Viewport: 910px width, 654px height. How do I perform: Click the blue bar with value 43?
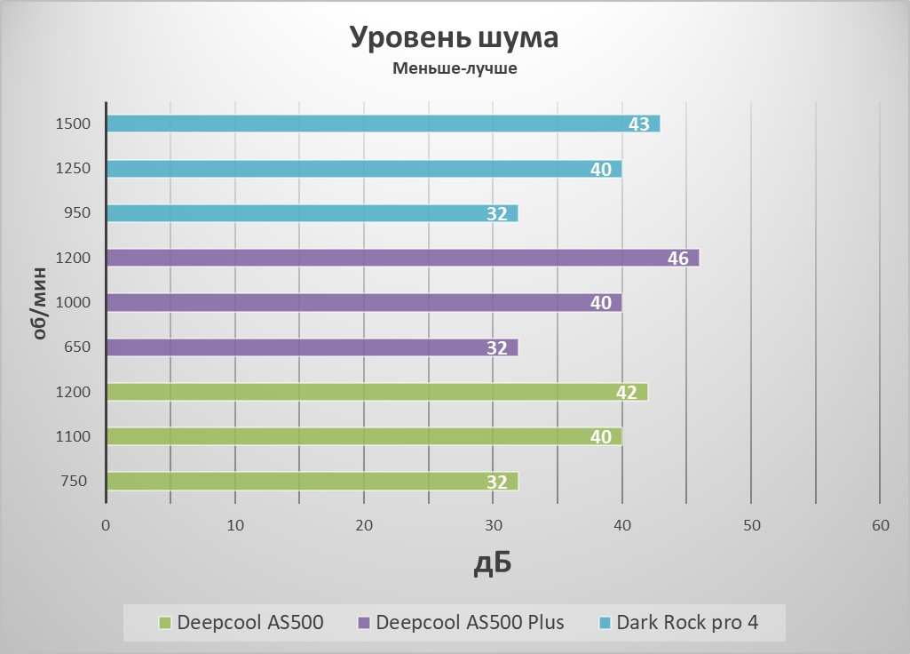382,124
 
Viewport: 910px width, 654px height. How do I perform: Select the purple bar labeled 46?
401,258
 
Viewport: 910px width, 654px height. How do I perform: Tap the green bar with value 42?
376,392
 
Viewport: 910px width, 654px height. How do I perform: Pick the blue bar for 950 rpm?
311,213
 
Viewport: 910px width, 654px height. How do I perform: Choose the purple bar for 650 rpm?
311,347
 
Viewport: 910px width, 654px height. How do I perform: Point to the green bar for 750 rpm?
311,482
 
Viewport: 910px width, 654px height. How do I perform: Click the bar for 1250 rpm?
363,169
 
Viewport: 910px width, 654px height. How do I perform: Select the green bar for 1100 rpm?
363,436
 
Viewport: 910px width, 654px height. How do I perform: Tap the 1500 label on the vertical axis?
73,124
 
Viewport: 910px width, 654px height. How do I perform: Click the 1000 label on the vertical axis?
73,302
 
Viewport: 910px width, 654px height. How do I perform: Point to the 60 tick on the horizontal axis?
880,526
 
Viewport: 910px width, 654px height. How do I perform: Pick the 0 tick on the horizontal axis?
106,526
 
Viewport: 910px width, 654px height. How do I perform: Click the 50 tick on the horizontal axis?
751,526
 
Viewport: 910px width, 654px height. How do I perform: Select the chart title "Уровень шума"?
454,38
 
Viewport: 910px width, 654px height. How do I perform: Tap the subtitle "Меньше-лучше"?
455,68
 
